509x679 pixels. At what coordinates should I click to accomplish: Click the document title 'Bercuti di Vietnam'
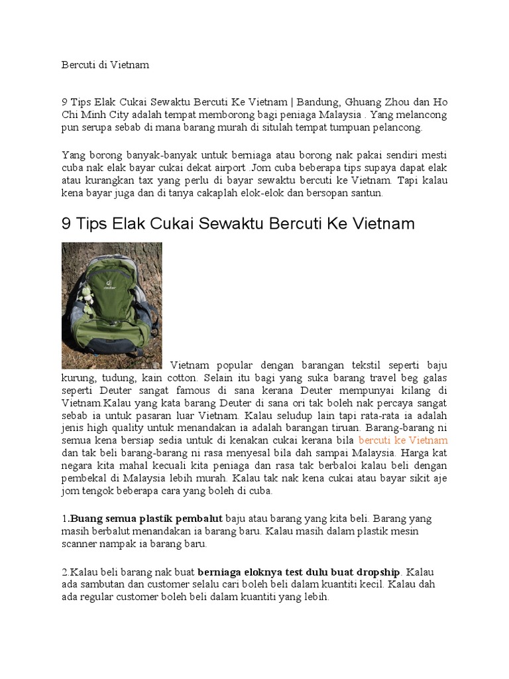coord(105,65)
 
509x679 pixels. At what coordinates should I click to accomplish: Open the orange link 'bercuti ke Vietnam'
coord(403,440)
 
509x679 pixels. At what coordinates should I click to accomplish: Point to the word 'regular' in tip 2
coord(99,597)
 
